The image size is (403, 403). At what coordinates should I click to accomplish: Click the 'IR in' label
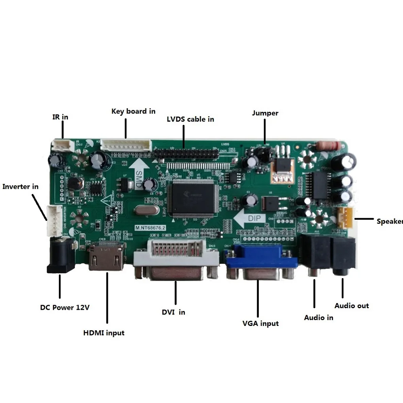tap(60, 117)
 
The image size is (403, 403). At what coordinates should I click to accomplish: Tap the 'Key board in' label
tap(133, 111)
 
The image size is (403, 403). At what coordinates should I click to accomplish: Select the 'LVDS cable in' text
tap(190, 119)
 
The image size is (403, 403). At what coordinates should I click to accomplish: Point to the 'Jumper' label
tap(265, 113)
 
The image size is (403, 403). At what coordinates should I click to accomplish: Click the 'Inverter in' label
tap(21, 186)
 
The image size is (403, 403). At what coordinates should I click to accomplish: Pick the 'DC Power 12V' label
tap(65, 307)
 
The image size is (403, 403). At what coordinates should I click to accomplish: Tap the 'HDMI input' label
tap(104, 333)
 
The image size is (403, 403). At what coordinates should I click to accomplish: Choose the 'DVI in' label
tap(173, 312)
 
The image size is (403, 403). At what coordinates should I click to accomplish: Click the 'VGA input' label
tap(260, 323)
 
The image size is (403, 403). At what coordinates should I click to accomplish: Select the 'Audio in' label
tap(318, 317)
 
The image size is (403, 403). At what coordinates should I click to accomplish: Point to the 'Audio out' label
tap(352, 305)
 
